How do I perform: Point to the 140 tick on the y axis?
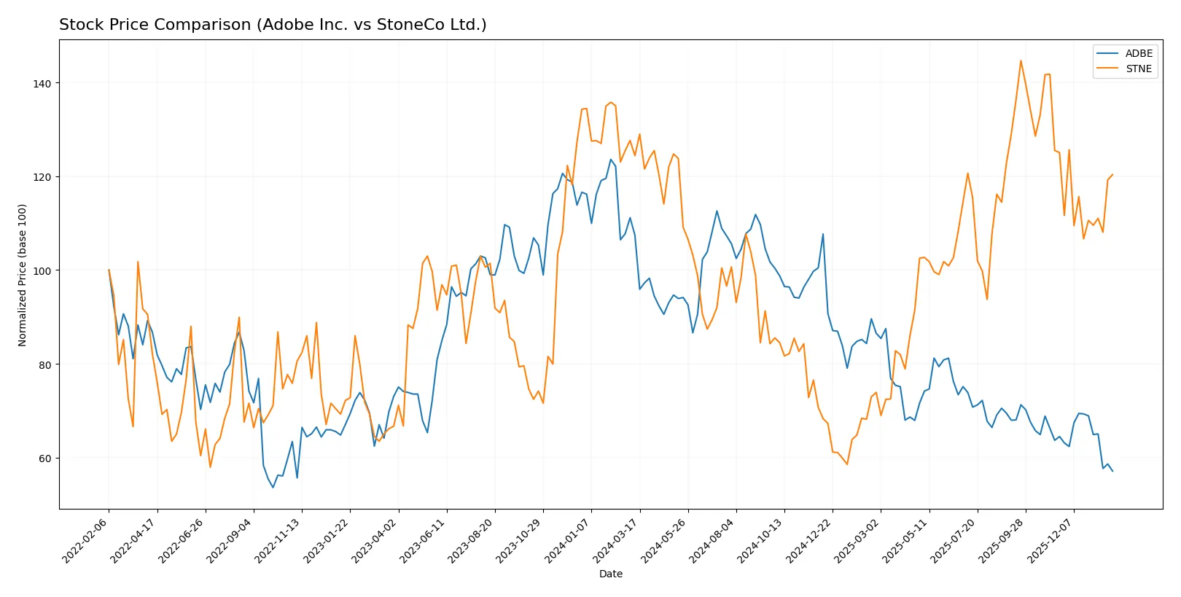(x=42, y=84)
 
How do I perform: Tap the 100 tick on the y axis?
(x=42, y=271)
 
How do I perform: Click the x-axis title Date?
(x=610, y=574)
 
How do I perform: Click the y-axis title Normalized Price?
(x=23, y=275)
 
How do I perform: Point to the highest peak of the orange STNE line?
(x=1021, y=61)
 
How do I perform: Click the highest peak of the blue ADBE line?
(x=611, y=160)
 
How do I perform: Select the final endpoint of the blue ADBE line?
(x=1112, y=472)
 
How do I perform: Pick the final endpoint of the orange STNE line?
(x=1112, y=175)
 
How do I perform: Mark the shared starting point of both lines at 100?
(x=109, y=270)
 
